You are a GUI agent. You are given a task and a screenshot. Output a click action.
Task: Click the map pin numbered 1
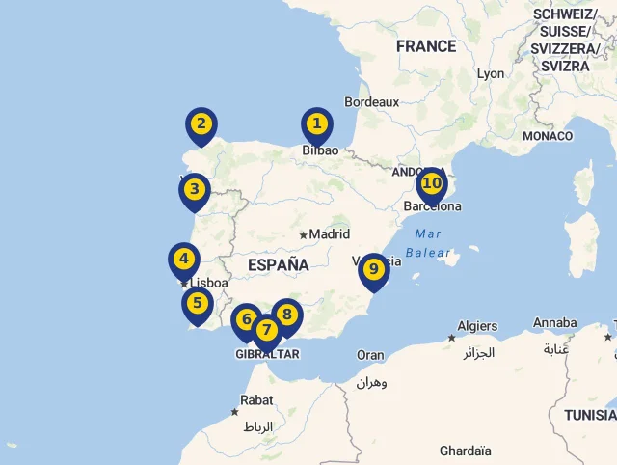tap(316, 124)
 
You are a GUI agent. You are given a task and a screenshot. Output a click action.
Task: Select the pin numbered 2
tap(201, 124)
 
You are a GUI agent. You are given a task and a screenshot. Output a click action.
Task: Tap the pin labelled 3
tap(195, 190)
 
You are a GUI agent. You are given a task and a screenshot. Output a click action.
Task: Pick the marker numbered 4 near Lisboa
tap(183, 259)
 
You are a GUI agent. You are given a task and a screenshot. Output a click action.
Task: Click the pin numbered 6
tap(247, 319)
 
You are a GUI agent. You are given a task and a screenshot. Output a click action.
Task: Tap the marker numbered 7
tap(266, 330)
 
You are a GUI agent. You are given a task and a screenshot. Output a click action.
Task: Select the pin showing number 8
tap(286, 315)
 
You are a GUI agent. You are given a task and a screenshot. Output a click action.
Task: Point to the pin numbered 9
tap(373, 270)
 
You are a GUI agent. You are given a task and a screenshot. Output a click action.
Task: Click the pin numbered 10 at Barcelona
tap(432, 183)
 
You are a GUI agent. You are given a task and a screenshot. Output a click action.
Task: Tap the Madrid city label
tap(329, 233)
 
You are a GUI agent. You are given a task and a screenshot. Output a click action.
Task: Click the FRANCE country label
tap(425, 46)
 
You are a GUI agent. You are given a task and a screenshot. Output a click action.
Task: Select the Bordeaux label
tap(371, 101)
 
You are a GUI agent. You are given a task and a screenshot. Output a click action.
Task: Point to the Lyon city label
tap(491, 73)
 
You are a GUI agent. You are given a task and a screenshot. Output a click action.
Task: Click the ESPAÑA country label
tap(278, 264)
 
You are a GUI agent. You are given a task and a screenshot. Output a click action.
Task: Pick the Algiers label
tap(477, 326)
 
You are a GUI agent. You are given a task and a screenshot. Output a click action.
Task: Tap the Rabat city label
tap(256, 399)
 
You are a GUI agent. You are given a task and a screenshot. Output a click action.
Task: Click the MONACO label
tap(548, 136)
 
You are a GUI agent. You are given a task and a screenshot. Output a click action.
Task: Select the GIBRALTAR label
tap(267, 354)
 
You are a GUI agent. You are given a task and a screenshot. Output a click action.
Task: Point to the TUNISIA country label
tap(590, 415)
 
